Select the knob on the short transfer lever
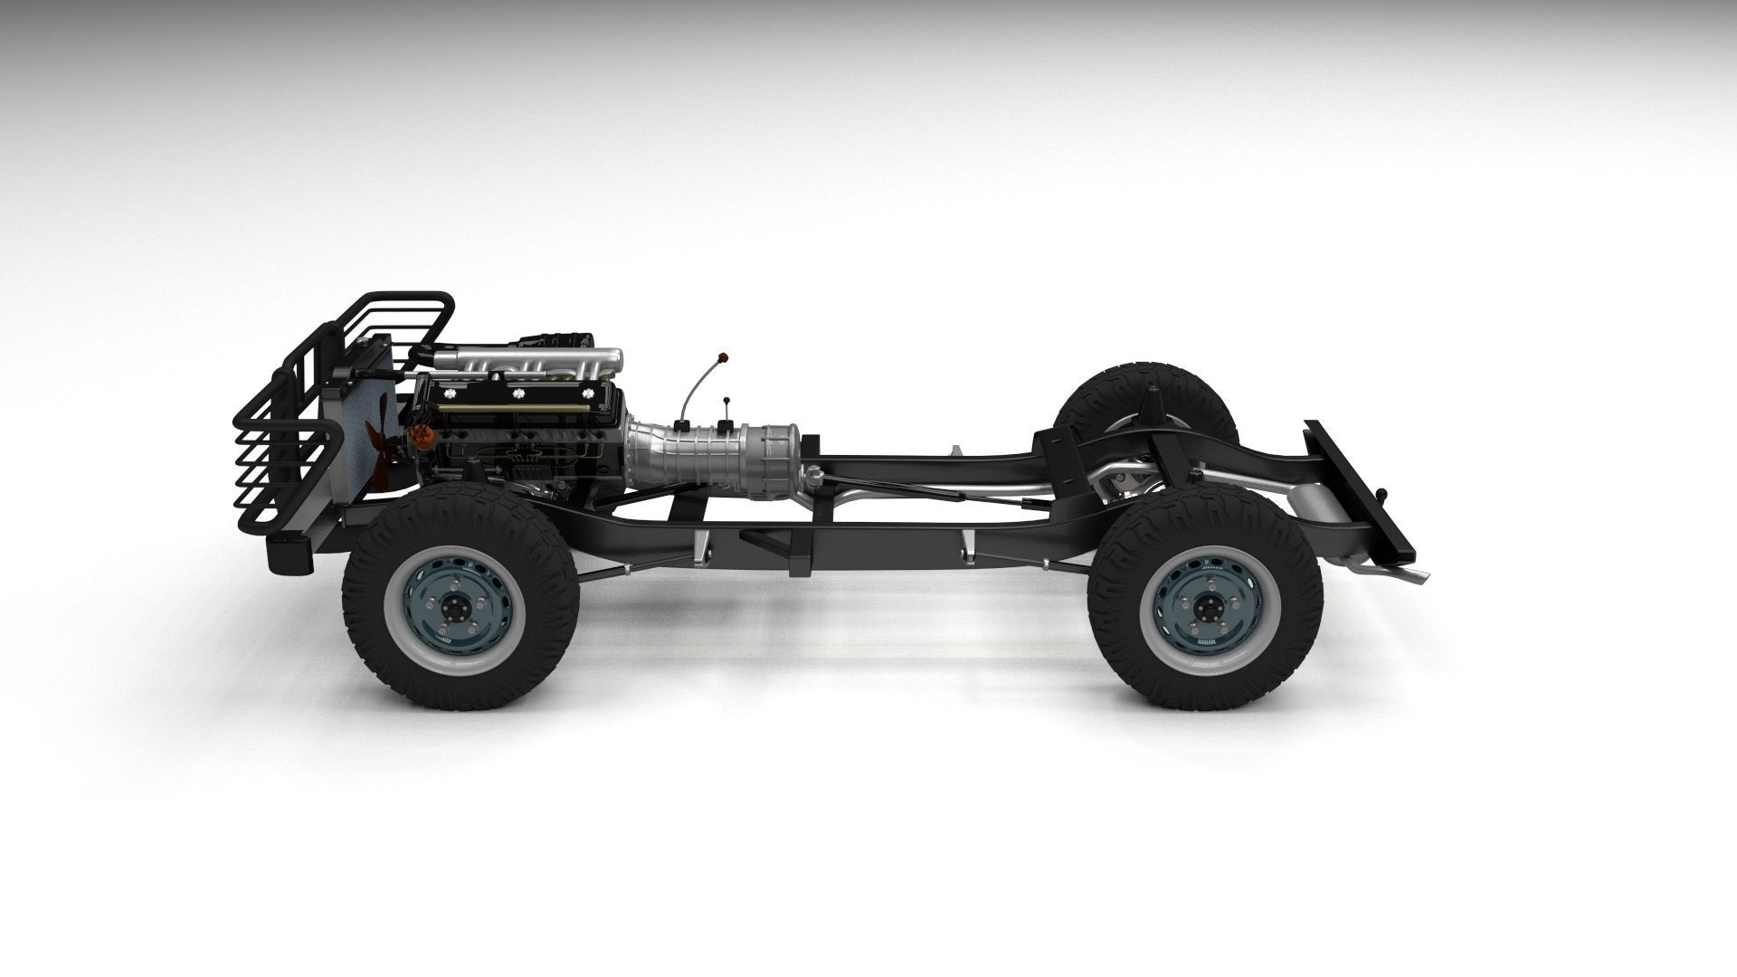726,400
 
